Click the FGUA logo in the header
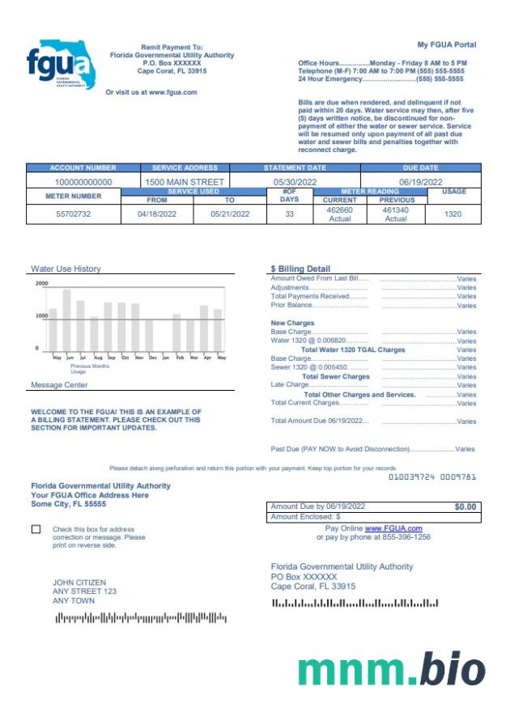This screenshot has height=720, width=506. pyautogui.click(x=61, y=65)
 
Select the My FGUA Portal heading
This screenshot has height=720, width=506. pyautogui.click(x=446, y=44)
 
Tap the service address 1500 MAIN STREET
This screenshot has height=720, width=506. pyautogui.click(x=185, y=182)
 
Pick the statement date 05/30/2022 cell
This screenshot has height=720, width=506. pyautogui.click(x=294, y=182)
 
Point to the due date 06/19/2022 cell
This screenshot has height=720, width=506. pyautogui.click(x=420, y=182)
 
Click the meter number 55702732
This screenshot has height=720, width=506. pyautogui.click(x=74, y=214)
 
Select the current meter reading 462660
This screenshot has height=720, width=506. pyautogui.click(x=339, y=210)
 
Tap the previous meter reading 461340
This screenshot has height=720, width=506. pyautogui.click(x=396, y=210)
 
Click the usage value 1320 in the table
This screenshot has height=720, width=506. pyautogui.click(x=453, y=214)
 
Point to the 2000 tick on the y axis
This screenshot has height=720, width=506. pyautogui.click(x=42, y=284)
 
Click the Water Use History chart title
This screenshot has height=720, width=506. pyautogui.click(x=66, y=269)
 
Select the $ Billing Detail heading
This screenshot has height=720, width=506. pyautogui.click(x=300, y=269)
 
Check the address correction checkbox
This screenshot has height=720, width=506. pyautogui.click(x=36, y=529)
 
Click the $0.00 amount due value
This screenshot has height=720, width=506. pyautogui.click(x=465, y=506)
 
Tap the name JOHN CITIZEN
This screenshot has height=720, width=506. pyautogui.click(x=79, y=582)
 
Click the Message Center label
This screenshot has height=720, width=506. pyautogui.click(x=59, y=385)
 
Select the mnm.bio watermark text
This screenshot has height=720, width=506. pyautogui.click(x=391, y=669)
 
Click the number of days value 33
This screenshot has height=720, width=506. pyautogui.click(x=289, y=214)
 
